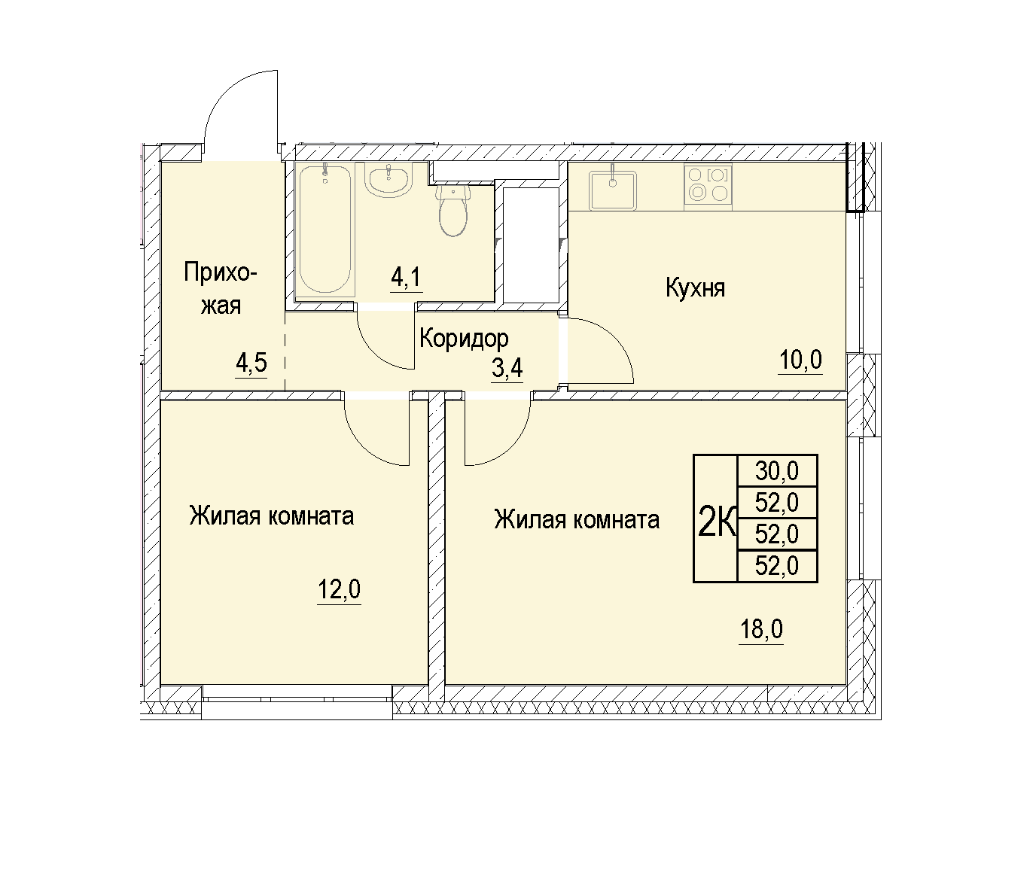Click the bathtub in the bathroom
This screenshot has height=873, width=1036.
[x=325, y=230]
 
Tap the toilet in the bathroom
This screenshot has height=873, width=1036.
[x=452, y=210]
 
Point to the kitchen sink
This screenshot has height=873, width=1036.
[x=613, y=190]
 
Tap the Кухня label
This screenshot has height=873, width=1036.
[x=695, y=288]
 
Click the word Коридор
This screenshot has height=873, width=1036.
[x=464, y=339]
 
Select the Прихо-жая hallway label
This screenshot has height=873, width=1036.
[x=221, y=289]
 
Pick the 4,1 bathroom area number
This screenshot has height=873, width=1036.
[x=406, y=277]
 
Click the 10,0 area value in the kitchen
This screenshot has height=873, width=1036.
[x=800, y=360]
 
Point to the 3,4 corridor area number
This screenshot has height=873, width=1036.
[x=507, y=367]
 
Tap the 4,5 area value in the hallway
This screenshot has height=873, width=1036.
[x=251, y=363]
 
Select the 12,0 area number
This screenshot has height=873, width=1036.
[x=339, y=590]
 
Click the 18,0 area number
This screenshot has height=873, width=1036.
[x=761, y=629]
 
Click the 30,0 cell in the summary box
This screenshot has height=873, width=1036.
[x=777, y=470]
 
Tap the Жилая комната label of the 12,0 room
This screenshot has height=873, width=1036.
[x=271, y=516]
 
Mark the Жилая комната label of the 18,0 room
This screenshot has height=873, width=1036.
[x=577, y=520]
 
